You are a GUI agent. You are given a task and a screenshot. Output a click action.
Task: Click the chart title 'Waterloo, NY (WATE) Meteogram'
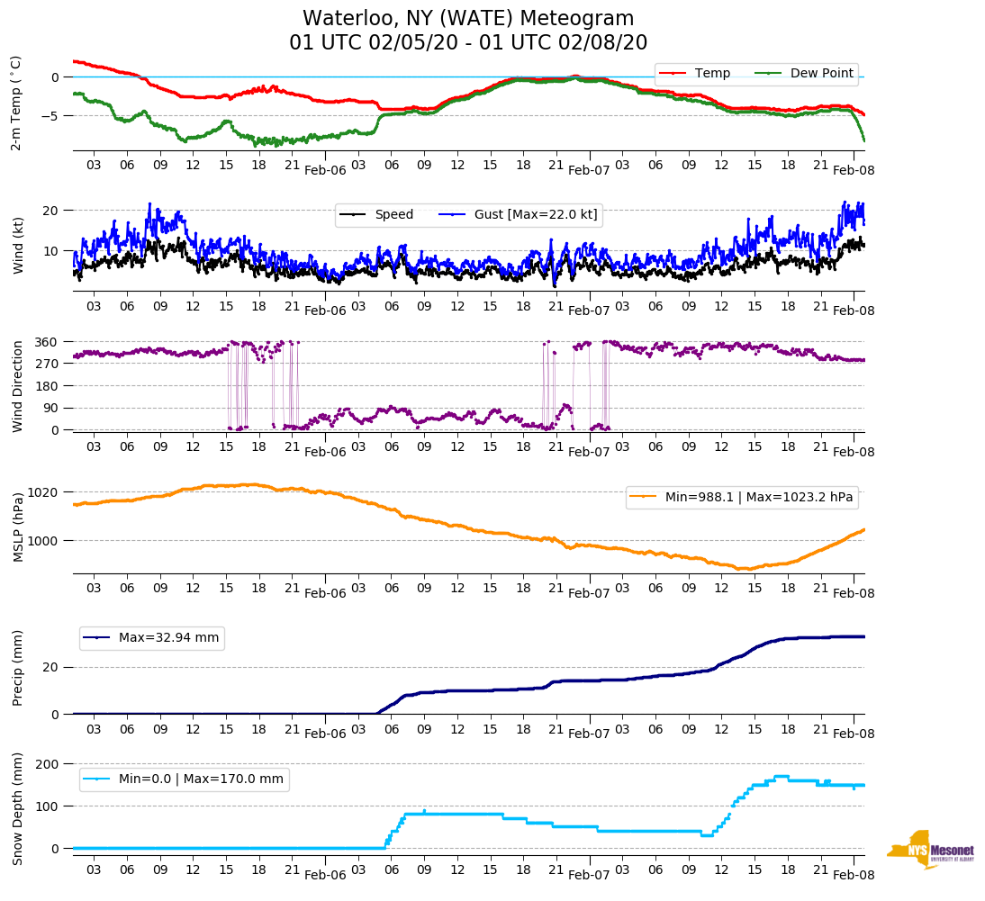pyautogui.click(x=468, y=19)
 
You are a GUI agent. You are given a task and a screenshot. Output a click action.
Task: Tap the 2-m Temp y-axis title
pyautogui.click(x=16, y=103)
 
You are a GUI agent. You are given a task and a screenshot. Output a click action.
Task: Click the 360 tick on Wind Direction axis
pyautogui.click(x=47, y=342)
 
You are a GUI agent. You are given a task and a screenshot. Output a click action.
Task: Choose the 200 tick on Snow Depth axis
pyautogui.click(x=47, y=764)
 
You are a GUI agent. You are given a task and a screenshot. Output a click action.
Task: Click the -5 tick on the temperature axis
pyautogui.click(x=53, y=116)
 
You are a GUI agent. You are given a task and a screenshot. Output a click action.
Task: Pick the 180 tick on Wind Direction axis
pyautogui.click(x=47, y=386)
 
